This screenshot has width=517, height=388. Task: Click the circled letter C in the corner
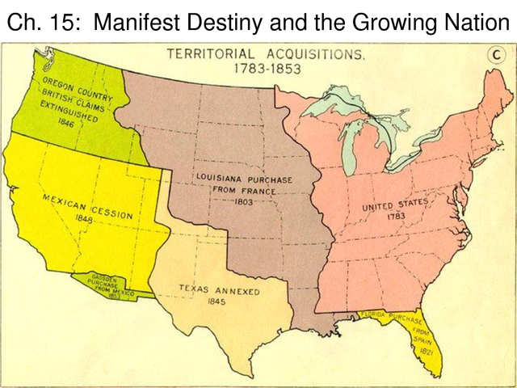point(494,55)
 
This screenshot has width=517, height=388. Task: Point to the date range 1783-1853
point(267,69)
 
